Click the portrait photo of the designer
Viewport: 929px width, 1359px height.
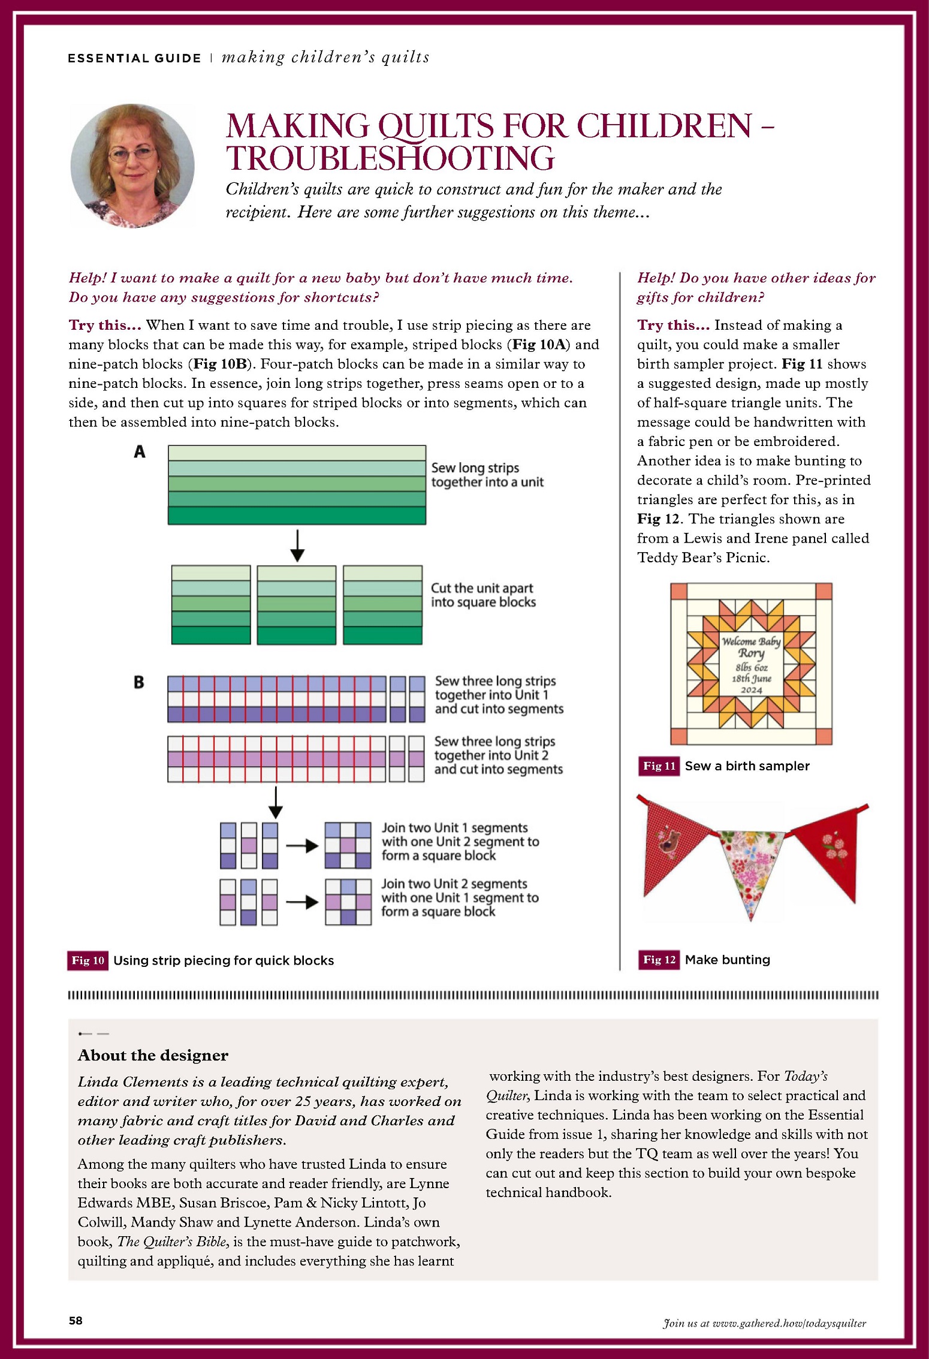pos(132,165)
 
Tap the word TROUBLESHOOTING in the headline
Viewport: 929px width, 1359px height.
pos(390,158)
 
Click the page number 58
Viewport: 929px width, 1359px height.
pos(76,1321)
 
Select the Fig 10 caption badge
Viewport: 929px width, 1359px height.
pos(88,960)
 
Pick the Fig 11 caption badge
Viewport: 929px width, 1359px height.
pos(659,766)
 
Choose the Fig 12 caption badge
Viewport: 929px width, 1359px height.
pos(659,960)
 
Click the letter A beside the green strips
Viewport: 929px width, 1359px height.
pos(140,452)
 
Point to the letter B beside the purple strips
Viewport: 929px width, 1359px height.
pos(139,682)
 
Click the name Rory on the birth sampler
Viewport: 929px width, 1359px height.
pos(751,653)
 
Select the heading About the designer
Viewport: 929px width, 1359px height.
pos(153,1055)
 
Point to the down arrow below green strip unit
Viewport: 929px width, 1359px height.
pos(297,545)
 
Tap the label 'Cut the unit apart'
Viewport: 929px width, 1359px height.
pos(482,588)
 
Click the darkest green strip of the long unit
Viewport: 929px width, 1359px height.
pos(297,516)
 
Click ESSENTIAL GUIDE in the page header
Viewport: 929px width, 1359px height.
pos(134,58)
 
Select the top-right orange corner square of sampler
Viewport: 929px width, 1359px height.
pos(824,591)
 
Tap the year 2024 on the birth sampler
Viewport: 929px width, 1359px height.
pos(751,690)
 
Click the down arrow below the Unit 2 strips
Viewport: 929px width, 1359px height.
pos(275,802)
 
